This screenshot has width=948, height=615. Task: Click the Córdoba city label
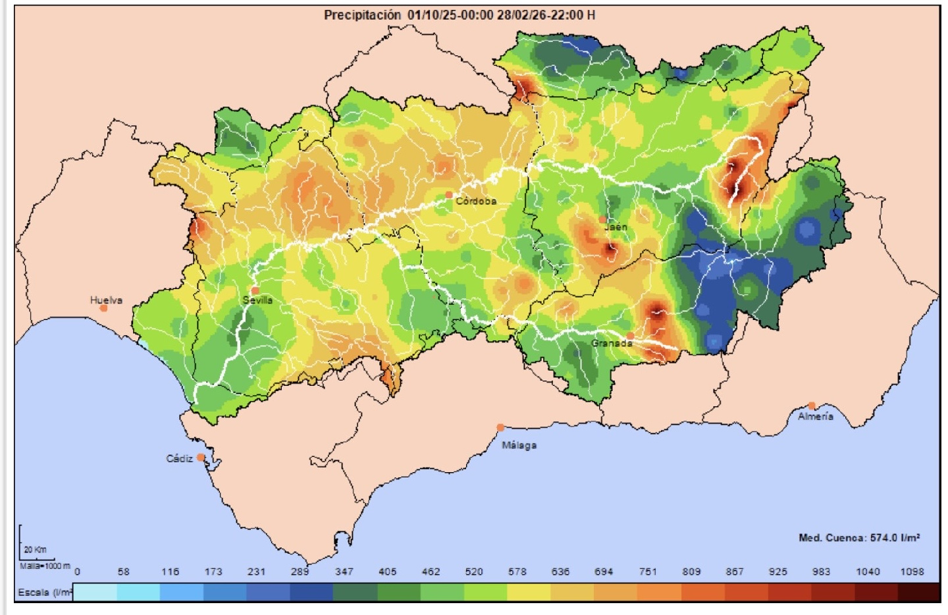[476, 201]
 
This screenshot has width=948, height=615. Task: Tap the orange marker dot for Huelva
[103, 308]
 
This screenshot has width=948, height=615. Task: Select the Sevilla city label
[257, 300]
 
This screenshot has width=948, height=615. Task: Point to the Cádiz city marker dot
[201, 458]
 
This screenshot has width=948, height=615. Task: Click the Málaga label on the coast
[519, 445]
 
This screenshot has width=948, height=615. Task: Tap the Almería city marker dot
[812, 406]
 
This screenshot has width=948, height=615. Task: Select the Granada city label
[611, 343]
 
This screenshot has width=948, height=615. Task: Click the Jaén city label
[616, 227]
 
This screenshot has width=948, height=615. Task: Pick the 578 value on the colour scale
[517, 572]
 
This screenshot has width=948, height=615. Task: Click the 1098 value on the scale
[912, 572]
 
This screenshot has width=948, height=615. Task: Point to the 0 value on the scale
[77, 572]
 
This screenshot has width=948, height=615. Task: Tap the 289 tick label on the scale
[300, 572]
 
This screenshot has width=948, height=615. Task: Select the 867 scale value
[735, 572]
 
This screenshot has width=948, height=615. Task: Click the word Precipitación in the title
[362, 14]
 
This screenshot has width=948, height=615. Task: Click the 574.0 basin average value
[884, 538]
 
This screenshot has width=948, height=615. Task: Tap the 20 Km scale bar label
[35, 550]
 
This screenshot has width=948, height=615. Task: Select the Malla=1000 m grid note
[44, 566]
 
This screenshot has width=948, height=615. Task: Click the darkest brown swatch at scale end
[918, 593]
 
